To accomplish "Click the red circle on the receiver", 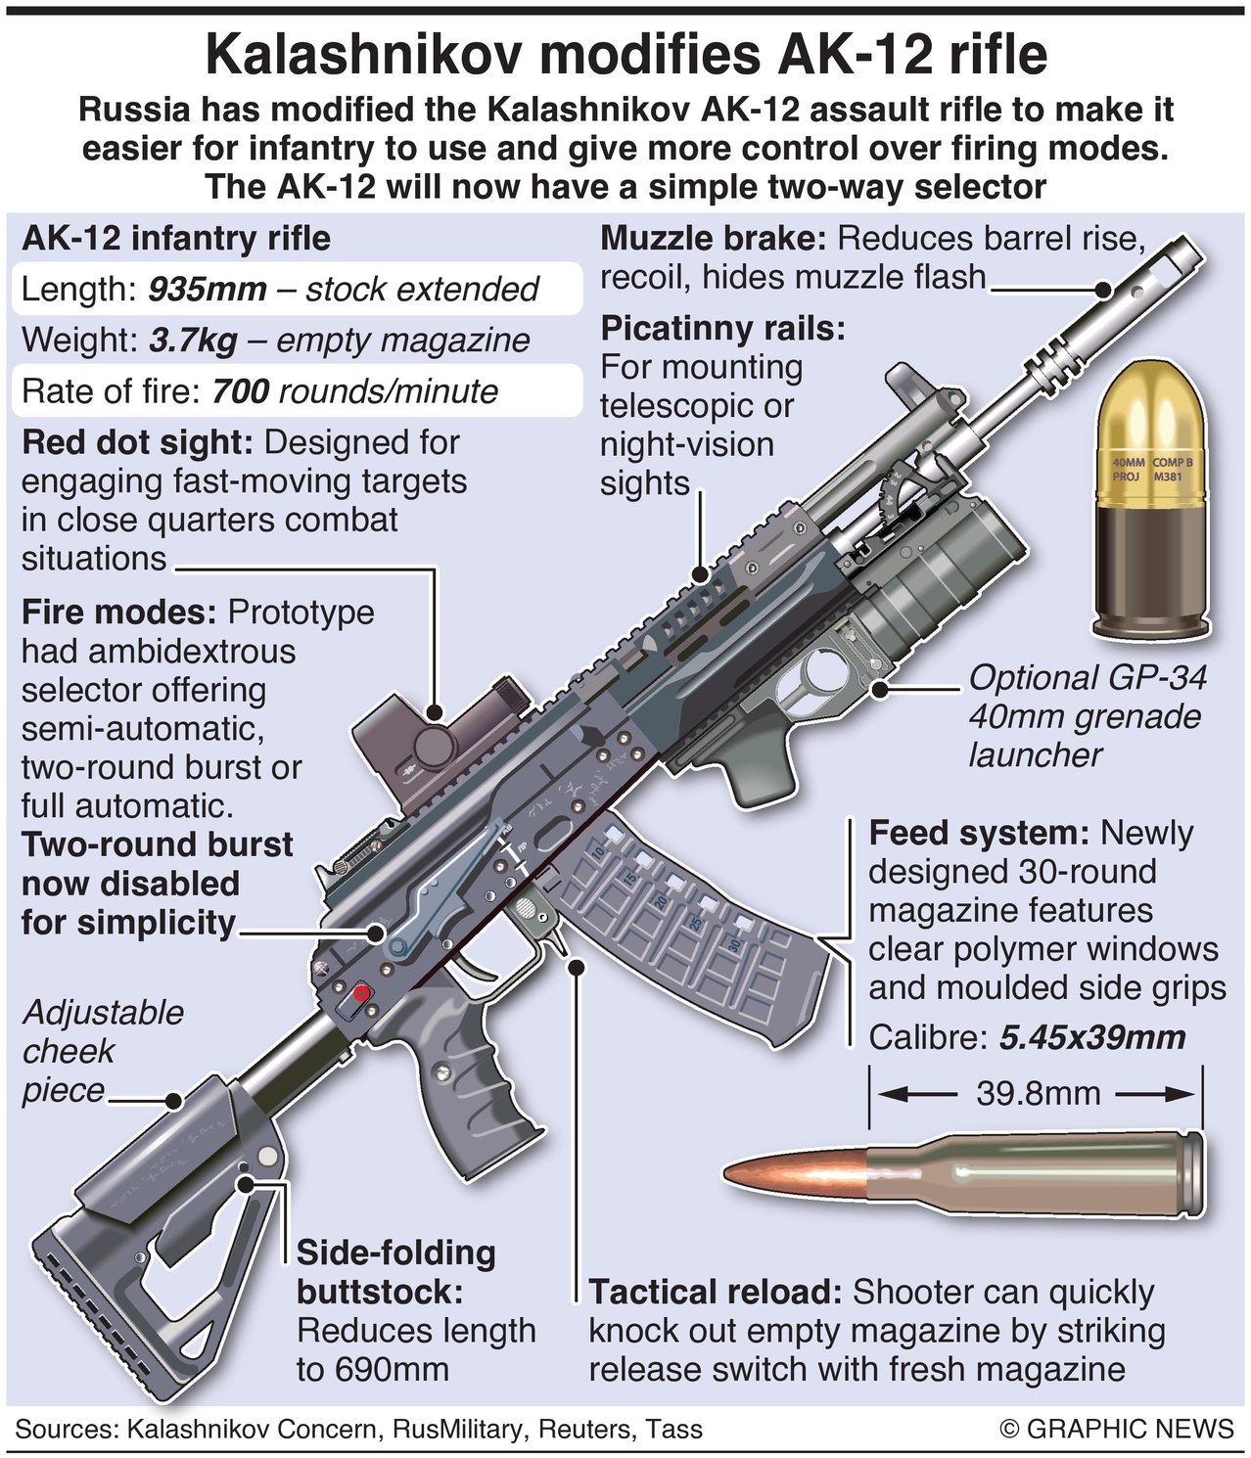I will (x=361, y=994).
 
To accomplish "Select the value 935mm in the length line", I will (x=208, y=290).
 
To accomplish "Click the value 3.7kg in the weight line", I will (x=193, y=341).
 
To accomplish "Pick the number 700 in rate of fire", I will (x=240, y=391).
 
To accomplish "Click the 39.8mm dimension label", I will (x=1038, y=1093).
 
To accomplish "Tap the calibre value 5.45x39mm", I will (x=1091, y=1037).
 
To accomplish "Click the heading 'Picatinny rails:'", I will (x=722, y=328).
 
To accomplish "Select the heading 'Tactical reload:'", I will (x=716, y=1292).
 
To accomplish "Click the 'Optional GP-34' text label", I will (x=1087, y=677).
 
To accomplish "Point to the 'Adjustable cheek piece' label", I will (x=102, y=1051).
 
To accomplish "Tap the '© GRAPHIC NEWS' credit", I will (x=1116, y=1429).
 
